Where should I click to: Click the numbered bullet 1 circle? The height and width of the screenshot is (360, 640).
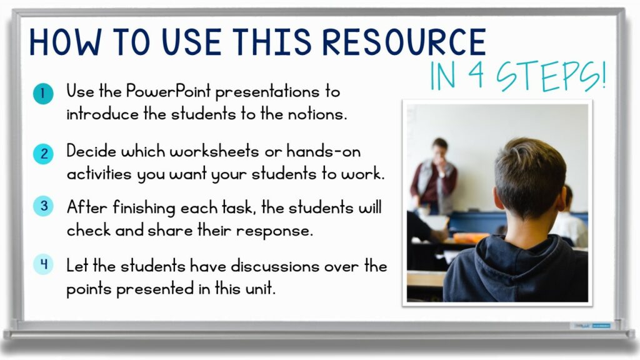coord(42,94)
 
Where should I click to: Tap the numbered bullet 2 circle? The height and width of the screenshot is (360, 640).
coord(42,154)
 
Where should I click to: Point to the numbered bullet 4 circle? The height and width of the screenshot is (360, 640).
coord(42,264)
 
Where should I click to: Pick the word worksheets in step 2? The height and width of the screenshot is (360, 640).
coord(204,151)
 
